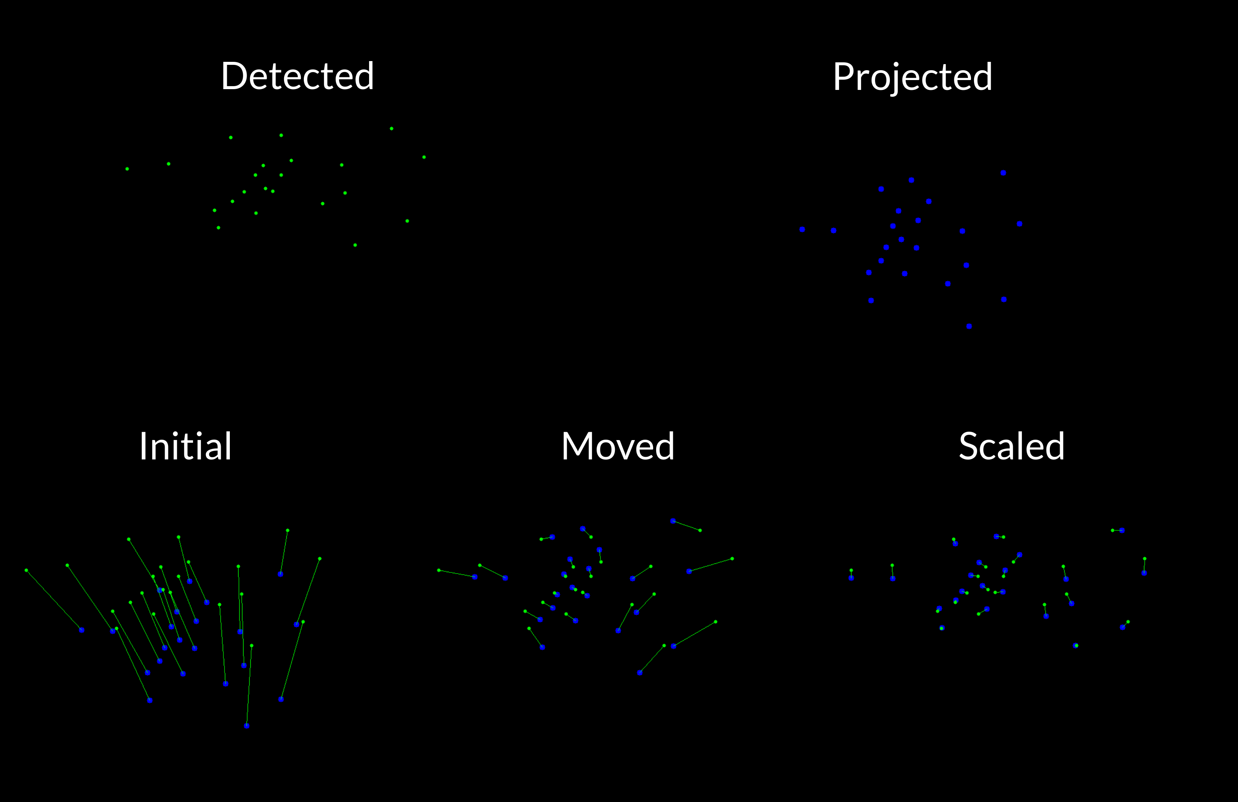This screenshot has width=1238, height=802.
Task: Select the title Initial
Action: (x=185, y=447)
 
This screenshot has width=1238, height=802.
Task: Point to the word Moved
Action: (x=618, y=447)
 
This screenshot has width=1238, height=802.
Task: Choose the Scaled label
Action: (x=1012, y=447)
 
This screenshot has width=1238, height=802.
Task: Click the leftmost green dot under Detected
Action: (x=127, y=168)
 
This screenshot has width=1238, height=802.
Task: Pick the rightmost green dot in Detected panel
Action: (x=424, y=157)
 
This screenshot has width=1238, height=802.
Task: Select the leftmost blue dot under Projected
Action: (x=802, y=230)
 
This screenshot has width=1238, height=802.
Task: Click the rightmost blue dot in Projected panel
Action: (x=1020, y=224)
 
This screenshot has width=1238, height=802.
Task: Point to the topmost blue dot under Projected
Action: (x=1003, y=173)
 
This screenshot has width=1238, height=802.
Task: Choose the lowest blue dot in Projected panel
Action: (x=969, y=326)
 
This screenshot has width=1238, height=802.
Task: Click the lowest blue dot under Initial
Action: (x=247, y=725)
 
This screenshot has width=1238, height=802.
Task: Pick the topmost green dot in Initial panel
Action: (x=288, y=530)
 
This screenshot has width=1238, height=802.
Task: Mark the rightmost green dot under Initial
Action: (x=319, y=559)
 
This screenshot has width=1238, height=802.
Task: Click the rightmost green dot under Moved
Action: (x=732, y=559)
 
